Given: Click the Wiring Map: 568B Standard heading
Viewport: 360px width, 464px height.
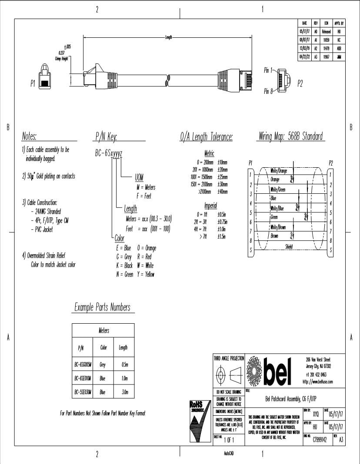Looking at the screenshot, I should coord(291,137).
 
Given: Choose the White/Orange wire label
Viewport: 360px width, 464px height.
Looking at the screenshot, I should coord(278,171).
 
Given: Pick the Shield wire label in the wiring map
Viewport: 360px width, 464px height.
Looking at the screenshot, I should coord(289,247).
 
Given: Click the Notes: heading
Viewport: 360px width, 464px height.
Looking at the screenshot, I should coord(30,137).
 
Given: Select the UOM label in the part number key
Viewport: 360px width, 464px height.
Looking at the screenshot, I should coord(139,179).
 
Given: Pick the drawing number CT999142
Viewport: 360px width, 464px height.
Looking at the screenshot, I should coord(320,439).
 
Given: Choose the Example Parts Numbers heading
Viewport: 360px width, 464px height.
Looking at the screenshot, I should coord(102,307).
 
